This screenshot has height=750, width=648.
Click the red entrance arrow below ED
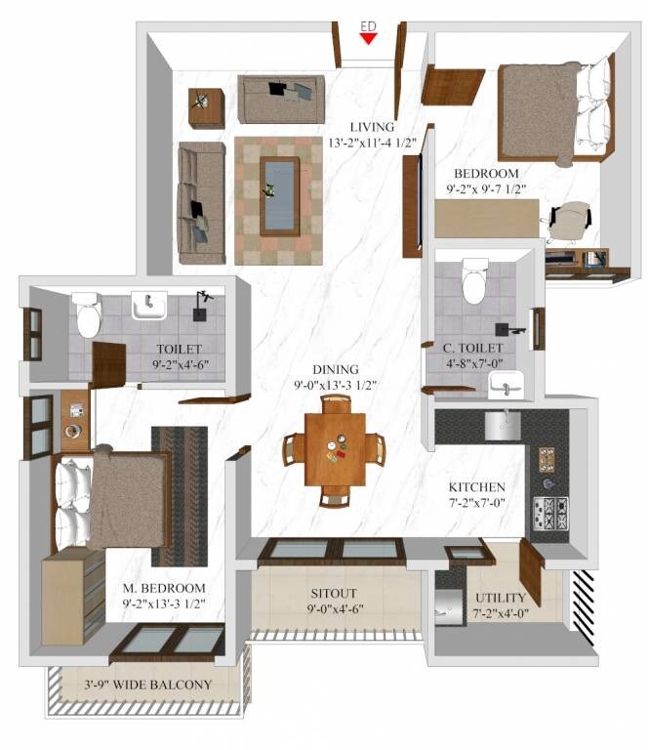[x=368, y=38]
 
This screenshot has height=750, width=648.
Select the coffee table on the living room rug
[x=280, y=195]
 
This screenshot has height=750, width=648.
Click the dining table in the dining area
[x=335, y=448]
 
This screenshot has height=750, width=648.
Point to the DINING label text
[x=335, y=369]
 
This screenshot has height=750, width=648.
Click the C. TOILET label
[x=472, y=348]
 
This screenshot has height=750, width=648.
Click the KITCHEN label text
[x=476, y=487]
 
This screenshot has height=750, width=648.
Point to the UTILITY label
[x=501, y=598]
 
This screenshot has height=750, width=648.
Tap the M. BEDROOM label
[x=164, y=588]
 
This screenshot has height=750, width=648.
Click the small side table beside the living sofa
[x=206, y=107]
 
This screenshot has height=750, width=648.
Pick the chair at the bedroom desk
[x=568, y=221]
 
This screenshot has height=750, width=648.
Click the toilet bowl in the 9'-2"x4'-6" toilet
[x=88, y=316]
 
